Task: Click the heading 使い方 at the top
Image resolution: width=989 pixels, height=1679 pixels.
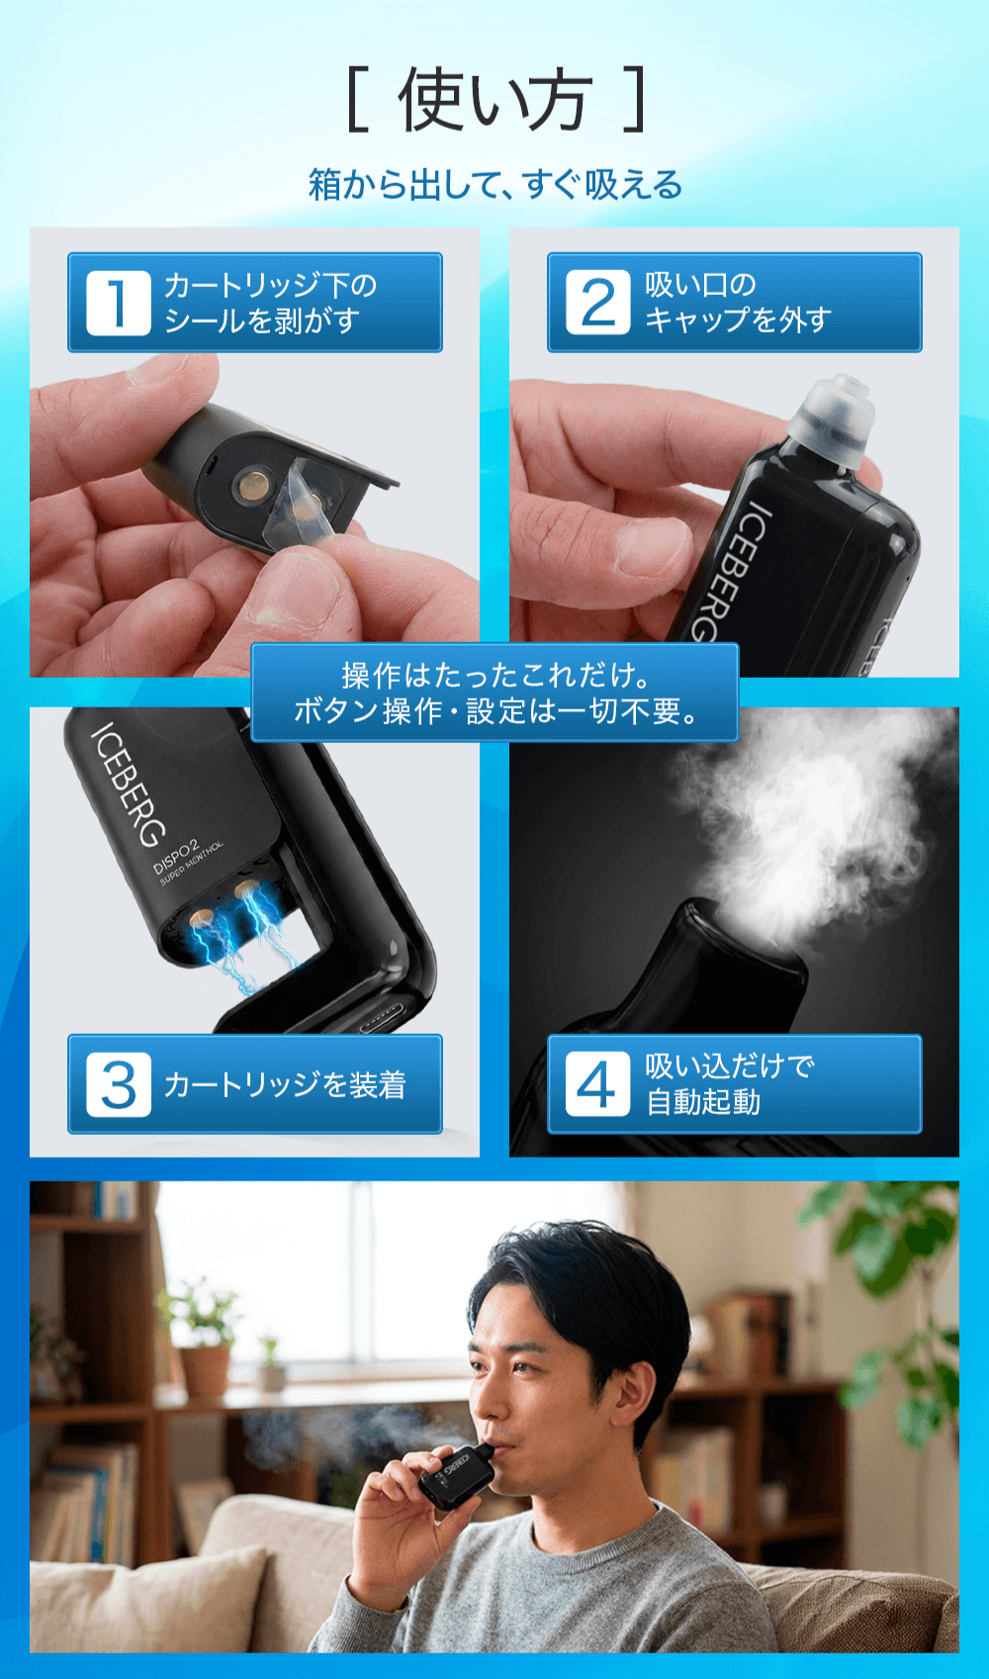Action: click(x=494, y=101)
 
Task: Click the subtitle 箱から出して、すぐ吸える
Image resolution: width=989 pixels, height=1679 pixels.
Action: click(x=494, y=185)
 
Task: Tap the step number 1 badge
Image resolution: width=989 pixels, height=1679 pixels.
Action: click(x=118, y=303)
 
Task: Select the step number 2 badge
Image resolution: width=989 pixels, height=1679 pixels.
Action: click(x=597, y=303)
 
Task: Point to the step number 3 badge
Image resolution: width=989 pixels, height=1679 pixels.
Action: click(x=118, y=1085)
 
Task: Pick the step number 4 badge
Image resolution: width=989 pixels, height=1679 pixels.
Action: click(x=597, y=1085)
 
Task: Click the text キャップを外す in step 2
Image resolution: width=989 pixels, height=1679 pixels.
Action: click(x=737, y=321)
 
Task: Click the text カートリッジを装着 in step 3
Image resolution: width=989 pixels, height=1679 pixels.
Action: click(x=285, y=1085)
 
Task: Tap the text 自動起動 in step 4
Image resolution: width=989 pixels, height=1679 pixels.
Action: click(x=703, y=1102)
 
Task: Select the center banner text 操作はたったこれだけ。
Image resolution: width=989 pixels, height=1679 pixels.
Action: click(x=494, y=676)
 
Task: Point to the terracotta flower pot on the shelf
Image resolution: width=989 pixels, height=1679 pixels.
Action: click(x=206, y=1370)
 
